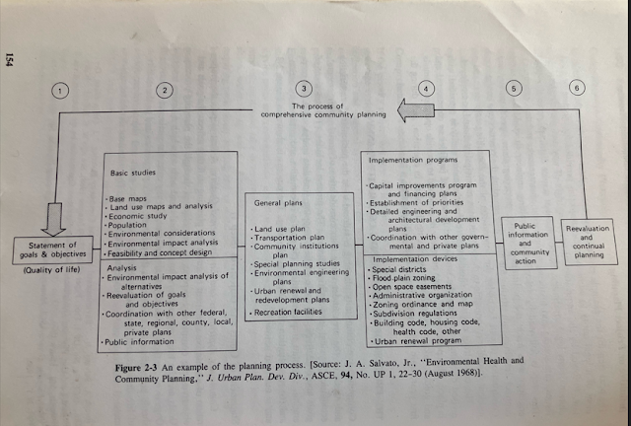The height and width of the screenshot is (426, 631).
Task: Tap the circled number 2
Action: tap(165, 90)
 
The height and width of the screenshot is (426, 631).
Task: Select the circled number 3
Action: tap(305, 88)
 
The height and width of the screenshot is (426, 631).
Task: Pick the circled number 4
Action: tap(425, 88)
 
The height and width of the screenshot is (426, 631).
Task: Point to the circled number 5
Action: tap(514, 87)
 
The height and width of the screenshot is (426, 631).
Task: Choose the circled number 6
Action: tap(576, 87)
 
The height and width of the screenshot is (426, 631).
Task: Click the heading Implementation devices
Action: tap(403, 260)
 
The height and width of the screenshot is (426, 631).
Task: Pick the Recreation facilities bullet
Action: tap(289, 312)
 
